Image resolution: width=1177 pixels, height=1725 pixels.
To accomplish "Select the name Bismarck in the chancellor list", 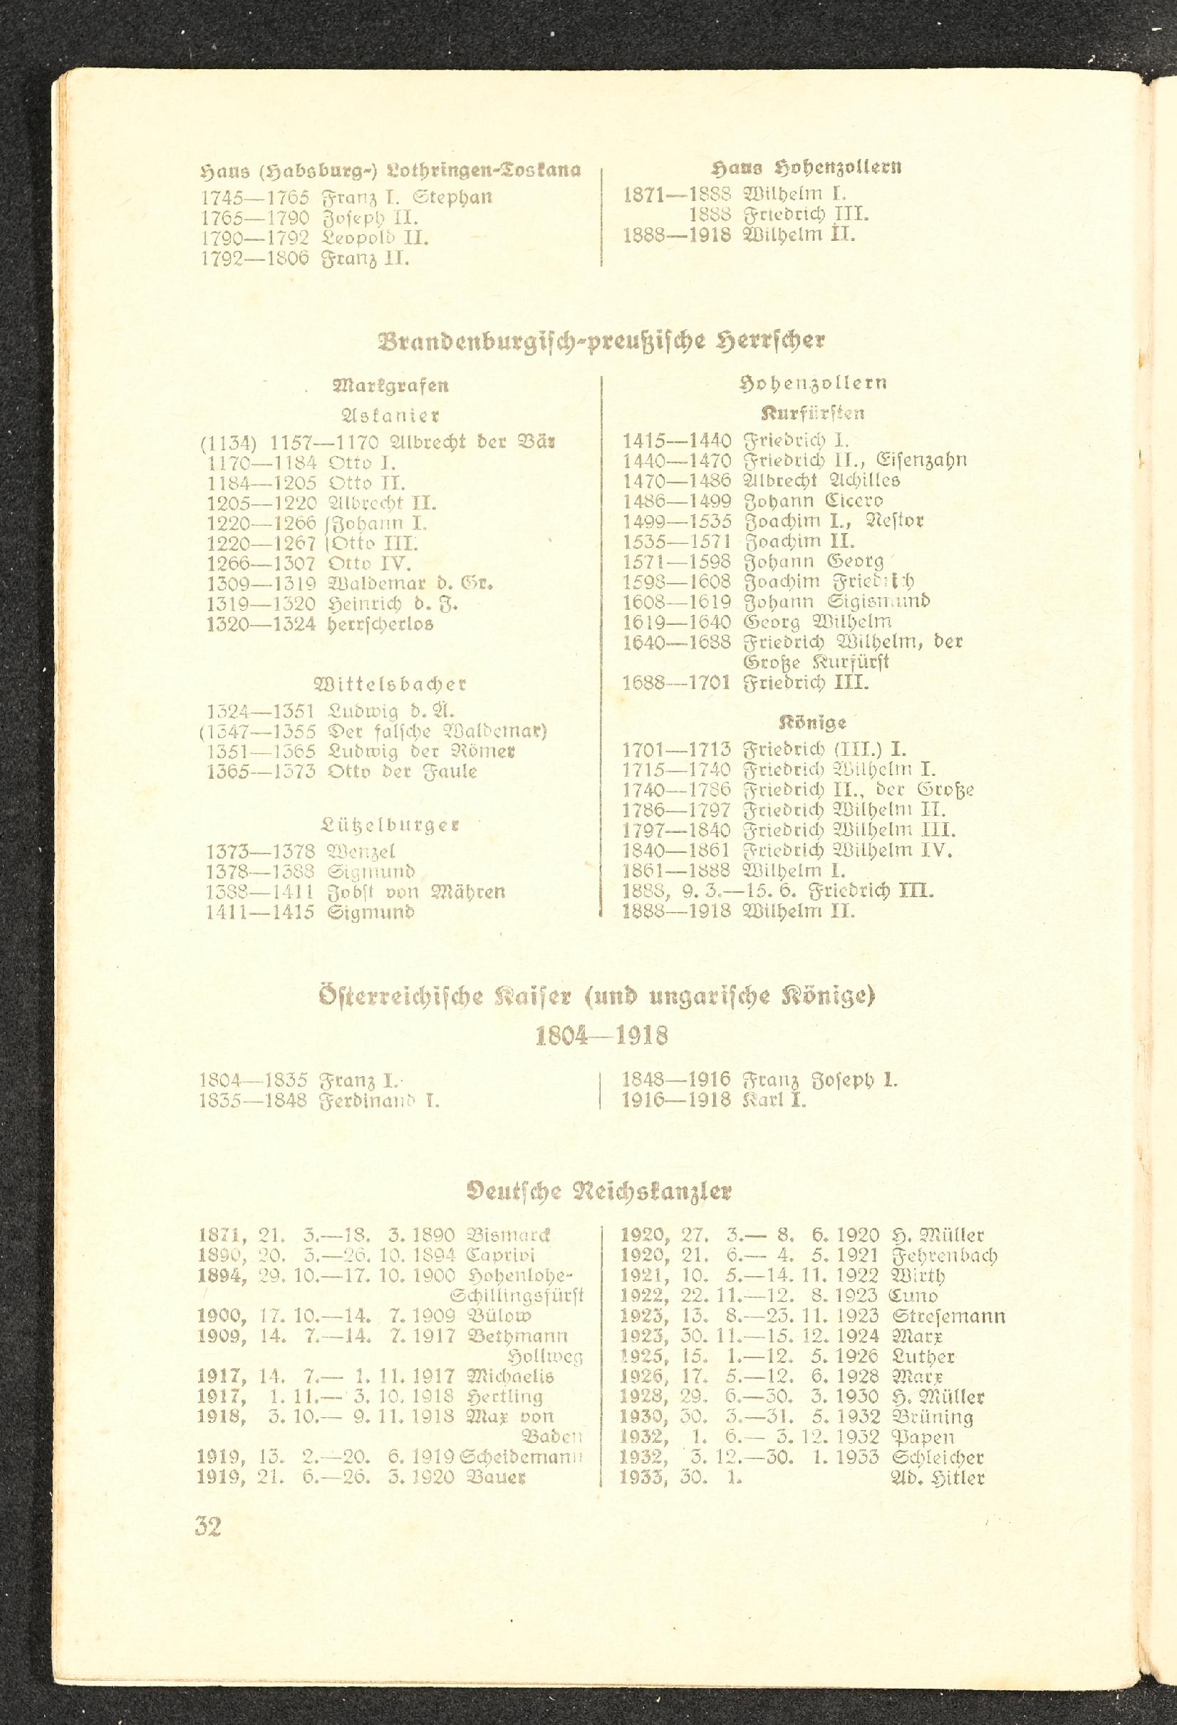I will (x=509, y=1236).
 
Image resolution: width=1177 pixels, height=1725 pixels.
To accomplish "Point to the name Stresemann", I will (x=948, y=1317).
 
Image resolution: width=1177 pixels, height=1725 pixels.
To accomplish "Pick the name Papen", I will (x=919, y=1437).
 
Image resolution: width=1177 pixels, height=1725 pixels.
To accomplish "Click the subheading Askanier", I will (x=390, y=415).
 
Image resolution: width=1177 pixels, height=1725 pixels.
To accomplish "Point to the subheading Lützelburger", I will (x=390, y=824).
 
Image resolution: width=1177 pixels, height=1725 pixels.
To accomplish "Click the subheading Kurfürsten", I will (x=813, y=413).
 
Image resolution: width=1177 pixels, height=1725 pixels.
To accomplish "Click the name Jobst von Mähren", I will (x=415, y=891).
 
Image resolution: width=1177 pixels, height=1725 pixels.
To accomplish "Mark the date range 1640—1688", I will (x=676, y=641).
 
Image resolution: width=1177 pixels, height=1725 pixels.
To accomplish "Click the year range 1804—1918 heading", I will (x=602, y=1035).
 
